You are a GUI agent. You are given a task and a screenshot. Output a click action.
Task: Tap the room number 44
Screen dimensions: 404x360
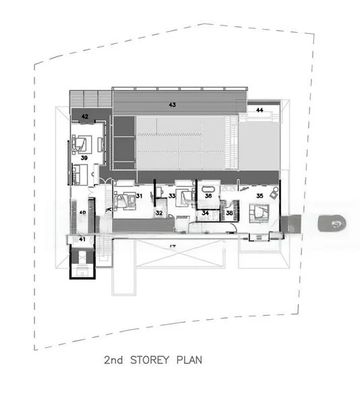click(260, 110)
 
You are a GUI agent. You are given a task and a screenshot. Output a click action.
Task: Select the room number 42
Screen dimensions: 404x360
click(86, 116)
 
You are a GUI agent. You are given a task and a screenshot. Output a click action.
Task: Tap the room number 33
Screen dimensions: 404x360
click(173, 196)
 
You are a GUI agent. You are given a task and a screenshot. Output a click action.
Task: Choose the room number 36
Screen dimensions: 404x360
click(209, 196)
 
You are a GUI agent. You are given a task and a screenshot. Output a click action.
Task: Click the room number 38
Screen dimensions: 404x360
click(229, 213)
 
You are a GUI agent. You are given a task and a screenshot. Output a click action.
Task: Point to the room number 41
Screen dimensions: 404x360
click(82, 239)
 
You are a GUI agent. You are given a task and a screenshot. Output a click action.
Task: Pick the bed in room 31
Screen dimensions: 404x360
click(125, 199)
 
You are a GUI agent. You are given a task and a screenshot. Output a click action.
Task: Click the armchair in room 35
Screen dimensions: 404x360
click(275, 194)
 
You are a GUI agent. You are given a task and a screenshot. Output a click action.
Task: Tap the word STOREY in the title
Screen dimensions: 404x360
click(150, 360)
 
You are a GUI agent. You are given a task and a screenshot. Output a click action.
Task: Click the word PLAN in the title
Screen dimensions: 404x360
click(189, 360)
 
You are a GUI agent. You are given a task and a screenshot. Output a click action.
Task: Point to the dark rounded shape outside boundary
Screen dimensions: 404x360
click(332, 222)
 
